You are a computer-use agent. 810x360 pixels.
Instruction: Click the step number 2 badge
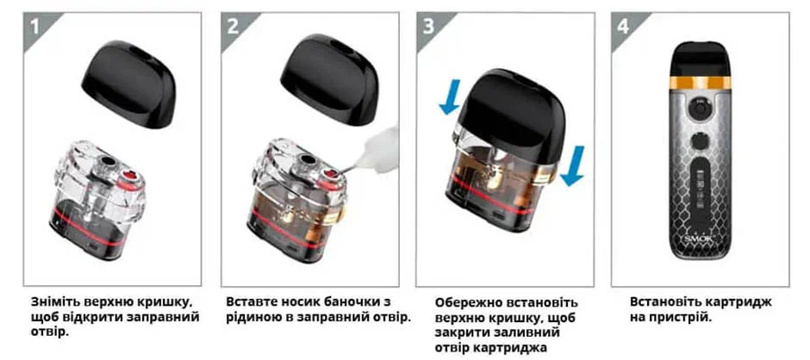pos(232,26)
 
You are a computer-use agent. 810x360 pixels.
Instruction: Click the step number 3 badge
pos(427,26)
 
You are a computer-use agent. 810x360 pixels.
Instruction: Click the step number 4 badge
pos(623,26)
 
